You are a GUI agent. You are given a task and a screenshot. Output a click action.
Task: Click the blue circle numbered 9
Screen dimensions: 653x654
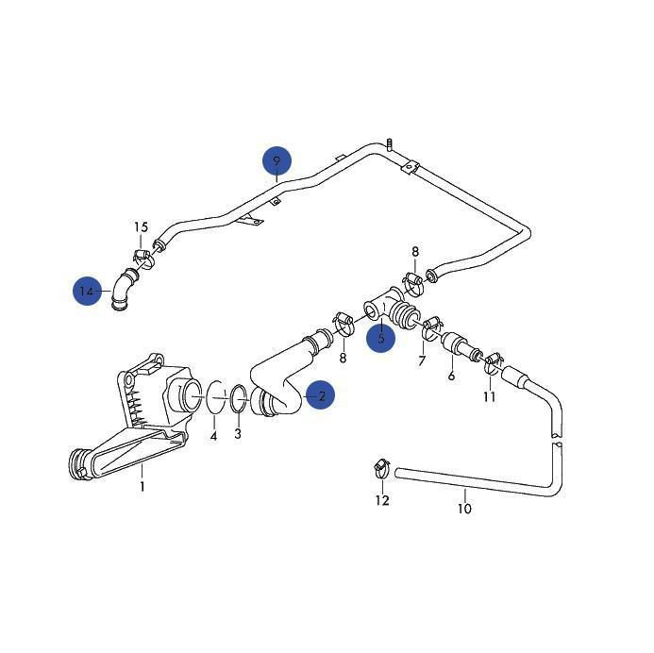[277, 161]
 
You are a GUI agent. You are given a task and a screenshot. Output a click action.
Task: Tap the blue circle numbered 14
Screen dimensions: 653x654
[88, 291]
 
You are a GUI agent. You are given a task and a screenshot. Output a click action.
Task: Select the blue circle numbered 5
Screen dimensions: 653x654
[381, 337]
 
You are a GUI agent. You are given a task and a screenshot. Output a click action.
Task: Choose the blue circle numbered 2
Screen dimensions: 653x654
[321, 396]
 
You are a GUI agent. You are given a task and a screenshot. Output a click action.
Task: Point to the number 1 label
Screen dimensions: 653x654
[143, 487]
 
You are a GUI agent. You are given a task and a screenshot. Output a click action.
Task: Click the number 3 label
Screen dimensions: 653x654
[238, 433]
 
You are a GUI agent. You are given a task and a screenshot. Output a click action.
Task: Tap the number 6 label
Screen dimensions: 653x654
[451, 376]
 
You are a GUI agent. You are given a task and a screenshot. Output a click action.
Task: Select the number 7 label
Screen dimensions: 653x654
[422, 360]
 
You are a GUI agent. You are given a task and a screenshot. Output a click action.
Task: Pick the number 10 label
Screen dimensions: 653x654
[464, 509]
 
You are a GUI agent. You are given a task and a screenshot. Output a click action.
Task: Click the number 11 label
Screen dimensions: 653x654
[489, 396]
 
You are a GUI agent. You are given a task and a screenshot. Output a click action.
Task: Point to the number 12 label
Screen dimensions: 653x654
[381, 500]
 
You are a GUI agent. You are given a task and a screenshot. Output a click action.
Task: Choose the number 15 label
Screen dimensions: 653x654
[141, 227]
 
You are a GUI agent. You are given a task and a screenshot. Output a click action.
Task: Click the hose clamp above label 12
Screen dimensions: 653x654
[380, 465]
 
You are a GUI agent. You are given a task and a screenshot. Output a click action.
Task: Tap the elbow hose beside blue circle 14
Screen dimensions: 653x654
[121, 287]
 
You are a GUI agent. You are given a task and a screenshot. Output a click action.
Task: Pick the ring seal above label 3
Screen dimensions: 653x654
[239, 399]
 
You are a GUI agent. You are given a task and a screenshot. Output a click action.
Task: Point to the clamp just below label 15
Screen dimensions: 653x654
[142, 257]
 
